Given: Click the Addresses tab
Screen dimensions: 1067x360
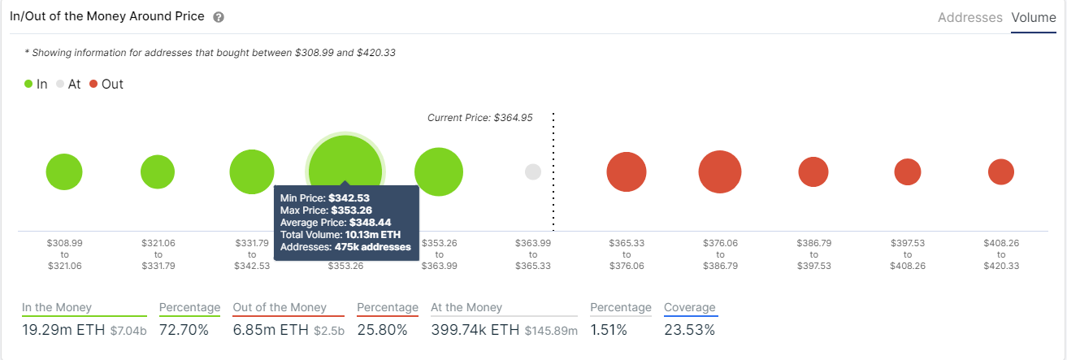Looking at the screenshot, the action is coord(969,18).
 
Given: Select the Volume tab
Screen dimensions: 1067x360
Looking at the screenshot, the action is coord(1034,18).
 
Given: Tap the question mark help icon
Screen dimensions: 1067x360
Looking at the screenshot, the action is coord(219,17).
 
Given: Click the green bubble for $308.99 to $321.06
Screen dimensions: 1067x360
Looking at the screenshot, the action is coord(64,172).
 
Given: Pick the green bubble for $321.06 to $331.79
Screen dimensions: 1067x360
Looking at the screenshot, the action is coord(158,172).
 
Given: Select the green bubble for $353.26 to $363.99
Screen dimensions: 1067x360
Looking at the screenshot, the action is coord(439,172).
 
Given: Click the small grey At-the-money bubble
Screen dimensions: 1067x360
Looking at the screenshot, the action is coord(533,172).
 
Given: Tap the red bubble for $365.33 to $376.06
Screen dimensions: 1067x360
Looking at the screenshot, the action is coord(627,172).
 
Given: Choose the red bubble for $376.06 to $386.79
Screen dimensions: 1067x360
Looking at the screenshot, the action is coord(720,172).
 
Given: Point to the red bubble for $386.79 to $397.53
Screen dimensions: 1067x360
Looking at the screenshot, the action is coord(813,172).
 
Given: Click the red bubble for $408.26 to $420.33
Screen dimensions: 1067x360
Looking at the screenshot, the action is coord(1001,172).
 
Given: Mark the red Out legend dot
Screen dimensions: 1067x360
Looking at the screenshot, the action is coord(93,84).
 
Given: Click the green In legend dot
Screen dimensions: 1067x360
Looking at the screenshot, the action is coord(28,84).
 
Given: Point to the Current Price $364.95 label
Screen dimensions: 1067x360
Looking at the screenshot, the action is coord(479,118).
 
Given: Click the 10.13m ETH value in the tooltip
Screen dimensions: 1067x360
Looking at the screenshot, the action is coord(373,235).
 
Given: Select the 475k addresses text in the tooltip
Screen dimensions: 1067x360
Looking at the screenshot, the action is coord(372,247).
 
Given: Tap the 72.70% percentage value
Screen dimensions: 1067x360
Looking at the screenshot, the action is coord(184,329).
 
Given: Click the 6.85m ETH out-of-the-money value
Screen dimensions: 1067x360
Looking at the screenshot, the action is coord(271,329).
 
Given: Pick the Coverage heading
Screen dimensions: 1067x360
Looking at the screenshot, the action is coord(690,308).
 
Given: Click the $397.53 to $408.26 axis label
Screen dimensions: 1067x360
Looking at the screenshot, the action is coord(908,254).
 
